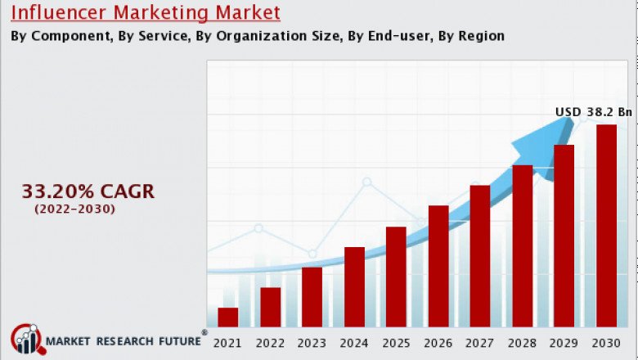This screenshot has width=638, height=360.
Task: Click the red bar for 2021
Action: (x=228, y=317)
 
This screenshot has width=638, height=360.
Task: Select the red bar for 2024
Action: (x=354, y=286)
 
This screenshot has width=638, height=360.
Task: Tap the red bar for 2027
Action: (x=480, y=255)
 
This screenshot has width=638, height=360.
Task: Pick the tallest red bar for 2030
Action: (x=606, y=225)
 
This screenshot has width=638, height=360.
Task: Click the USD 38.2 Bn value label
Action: (x=594, y=112)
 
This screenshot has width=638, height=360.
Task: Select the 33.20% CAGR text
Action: (x=88, y=191)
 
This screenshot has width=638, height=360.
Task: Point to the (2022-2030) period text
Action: (x=74, y=209)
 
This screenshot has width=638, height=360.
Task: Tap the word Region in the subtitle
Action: (x=482, y=36)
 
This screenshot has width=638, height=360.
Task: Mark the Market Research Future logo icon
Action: (x=26, y=339)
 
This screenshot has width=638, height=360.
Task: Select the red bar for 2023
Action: (x=312, y=296)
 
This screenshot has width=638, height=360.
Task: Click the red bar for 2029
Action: (x=564, y=236)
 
